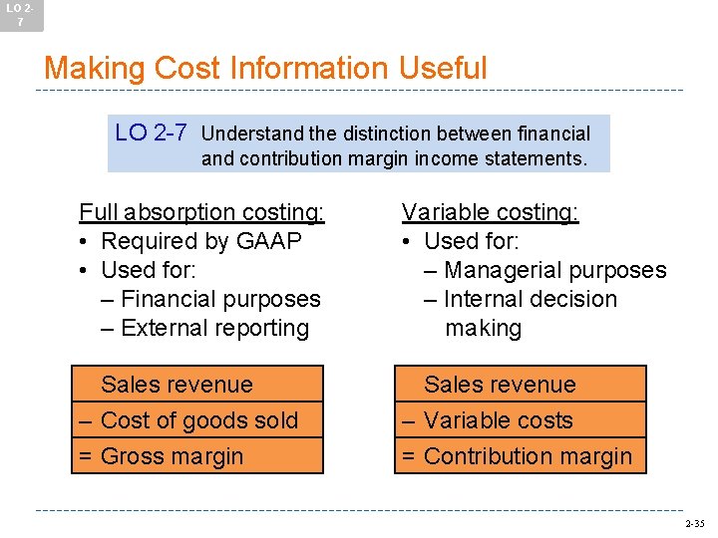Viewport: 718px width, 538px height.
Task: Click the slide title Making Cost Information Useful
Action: pos(265,68)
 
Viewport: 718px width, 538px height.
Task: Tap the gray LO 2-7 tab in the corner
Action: pos(21,15)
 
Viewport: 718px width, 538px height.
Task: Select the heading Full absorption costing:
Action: pos(201,212)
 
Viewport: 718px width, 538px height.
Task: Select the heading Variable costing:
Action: pos(490,212)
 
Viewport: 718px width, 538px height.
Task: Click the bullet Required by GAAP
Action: pos(201,241)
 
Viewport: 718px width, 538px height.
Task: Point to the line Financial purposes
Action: pos(210,299)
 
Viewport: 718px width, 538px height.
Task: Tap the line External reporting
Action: pos(205,328)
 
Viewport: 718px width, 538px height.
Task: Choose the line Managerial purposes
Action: pos(554,270)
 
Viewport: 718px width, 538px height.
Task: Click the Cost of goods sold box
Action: pos(197,420)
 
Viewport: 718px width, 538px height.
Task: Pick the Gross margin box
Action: pos(197,456)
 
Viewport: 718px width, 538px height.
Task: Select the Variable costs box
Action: pos(520,420)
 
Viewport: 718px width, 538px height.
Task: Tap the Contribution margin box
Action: pos(520,456)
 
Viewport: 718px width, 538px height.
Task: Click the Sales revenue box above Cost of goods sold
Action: pos(197,385)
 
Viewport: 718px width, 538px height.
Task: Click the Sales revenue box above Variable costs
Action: pos(520,385)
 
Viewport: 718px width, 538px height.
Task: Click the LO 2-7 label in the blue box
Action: pos(152,133)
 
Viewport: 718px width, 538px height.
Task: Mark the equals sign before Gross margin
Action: pos(86,456)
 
